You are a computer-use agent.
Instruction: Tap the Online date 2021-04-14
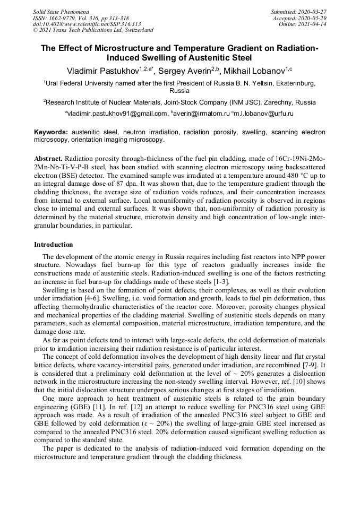point(314,24)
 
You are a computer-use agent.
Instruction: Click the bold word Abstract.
point(48,159)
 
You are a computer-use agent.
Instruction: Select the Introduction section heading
point(54,245)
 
